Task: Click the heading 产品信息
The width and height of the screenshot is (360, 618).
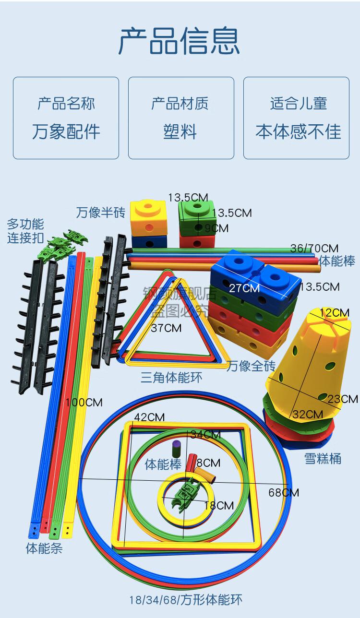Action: [179, 42]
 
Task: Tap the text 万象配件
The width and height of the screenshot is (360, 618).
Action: [66, 131]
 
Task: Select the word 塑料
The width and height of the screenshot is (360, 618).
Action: [180, 131]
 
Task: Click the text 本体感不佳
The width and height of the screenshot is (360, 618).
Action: [298, 131]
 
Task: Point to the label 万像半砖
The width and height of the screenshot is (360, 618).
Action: [100, 212]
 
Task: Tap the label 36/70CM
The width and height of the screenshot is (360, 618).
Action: [314, 248]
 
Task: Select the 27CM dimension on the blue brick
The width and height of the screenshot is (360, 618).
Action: [244, 288]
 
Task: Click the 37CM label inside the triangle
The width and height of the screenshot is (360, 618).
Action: [166, 328]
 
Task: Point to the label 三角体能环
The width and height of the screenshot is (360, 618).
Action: [171, 377]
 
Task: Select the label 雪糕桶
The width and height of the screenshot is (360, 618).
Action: [323, 458]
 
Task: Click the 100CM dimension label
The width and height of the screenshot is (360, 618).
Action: [84, 402]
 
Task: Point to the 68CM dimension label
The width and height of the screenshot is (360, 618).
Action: [284, 492]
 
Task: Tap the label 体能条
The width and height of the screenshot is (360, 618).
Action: [44, 548]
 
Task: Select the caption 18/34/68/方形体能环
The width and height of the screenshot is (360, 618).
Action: [185, 600]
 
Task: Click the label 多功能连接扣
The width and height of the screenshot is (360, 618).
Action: [25, 231]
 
